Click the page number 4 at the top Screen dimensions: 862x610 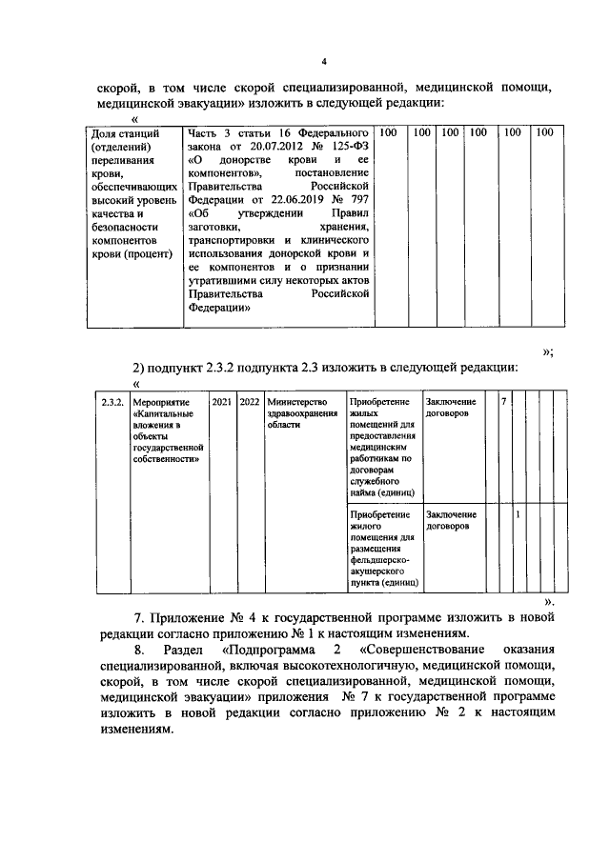pyautogui.click(x=323, y=63)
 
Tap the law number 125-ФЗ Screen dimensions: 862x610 pyautogui.click(x=348, y=148)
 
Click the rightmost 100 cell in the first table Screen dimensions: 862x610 pyautogui.click(x=543, y=133)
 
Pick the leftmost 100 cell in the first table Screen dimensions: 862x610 pyautogui.click(x=389, y=133)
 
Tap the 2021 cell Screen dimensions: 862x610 pyautogui.click(x=221, y=403)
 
